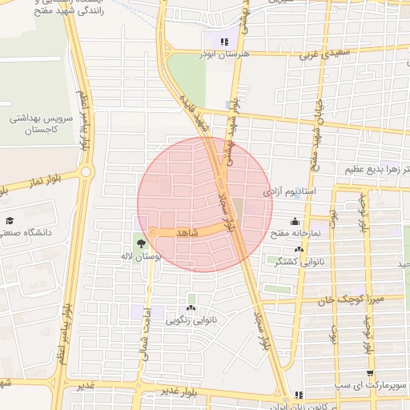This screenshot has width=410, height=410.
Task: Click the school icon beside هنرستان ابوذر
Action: (224, 42)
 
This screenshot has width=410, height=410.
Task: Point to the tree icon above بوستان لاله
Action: (142, 243)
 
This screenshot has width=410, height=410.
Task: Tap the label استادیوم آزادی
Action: (291, 192)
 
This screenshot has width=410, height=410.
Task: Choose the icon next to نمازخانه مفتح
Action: (295, 221)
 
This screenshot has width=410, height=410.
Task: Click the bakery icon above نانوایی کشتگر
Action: (299, 250)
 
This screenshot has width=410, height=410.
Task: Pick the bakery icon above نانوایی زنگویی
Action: (191, 308)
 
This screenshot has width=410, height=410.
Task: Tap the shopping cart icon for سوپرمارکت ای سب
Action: (369, 374)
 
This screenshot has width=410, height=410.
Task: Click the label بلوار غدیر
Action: (178, 391)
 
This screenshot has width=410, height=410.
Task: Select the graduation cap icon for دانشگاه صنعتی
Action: (10, 220)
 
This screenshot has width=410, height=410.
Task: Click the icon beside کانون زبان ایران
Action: (299, 395)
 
